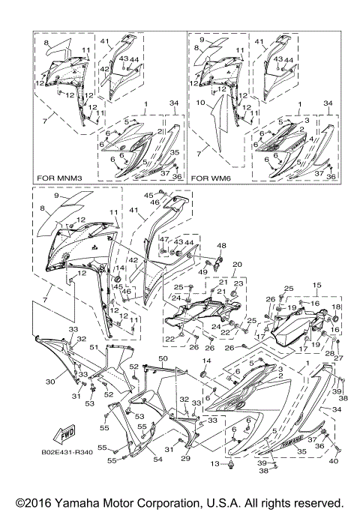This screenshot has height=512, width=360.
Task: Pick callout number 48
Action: (x=221, y=246)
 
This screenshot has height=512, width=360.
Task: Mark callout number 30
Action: (x=50, y=382)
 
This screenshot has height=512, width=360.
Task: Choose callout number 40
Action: (x=333, y=461)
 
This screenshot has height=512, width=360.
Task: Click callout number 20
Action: (x=238, y=265)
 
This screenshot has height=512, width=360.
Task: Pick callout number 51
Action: (x=93, y=348)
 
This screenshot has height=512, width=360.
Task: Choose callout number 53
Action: (x=89, y=403)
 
